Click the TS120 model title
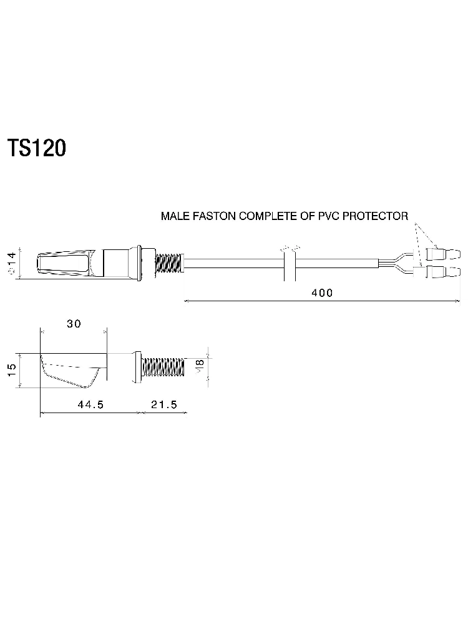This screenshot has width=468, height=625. click(37, 148)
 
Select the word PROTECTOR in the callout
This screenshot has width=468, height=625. click(375, 216)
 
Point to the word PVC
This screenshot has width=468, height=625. click(329, 216)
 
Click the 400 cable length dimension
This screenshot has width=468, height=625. click(322, 293)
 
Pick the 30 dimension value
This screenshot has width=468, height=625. click(74, 324)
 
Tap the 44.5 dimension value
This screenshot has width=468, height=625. click(90, 404)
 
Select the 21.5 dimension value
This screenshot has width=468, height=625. click(164, 404)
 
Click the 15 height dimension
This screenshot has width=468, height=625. click(12, 370)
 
